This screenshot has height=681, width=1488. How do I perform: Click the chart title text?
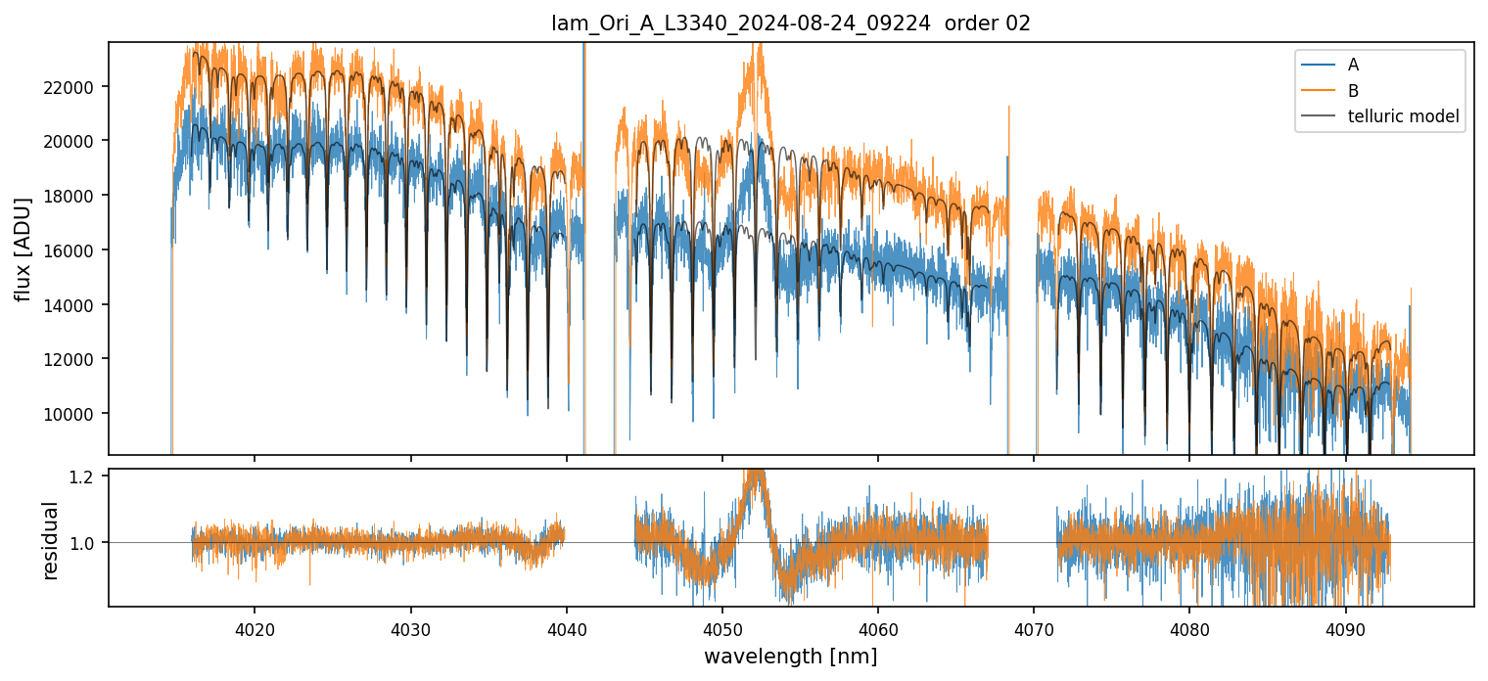tap(791, 23)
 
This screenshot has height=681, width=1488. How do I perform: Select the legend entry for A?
tap(1353, 66)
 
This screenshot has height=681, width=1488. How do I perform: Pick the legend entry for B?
tap(1353, 91)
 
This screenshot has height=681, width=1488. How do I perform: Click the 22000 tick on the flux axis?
tap(74, 87)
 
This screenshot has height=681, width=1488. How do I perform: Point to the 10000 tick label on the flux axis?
tap(74, 414)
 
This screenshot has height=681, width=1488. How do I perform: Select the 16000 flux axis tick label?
tap(74, 250)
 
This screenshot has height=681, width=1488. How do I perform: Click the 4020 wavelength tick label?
tap(255, 628)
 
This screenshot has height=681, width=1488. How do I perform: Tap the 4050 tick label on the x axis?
tap(721, 628)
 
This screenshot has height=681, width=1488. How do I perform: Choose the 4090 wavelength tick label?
tap(1345, 628)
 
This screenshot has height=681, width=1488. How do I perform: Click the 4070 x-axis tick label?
tap(1034, 628)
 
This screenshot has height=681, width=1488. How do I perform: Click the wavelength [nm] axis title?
tap(790, 656)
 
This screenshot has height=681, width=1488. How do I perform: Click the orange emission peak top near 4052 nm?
tap(756, 49)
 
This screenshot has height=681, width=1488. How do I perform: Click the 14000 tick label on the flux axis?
tap(74, 305)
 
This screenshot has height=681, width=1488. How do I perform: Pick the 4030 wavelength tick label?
tap(410, 628)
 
